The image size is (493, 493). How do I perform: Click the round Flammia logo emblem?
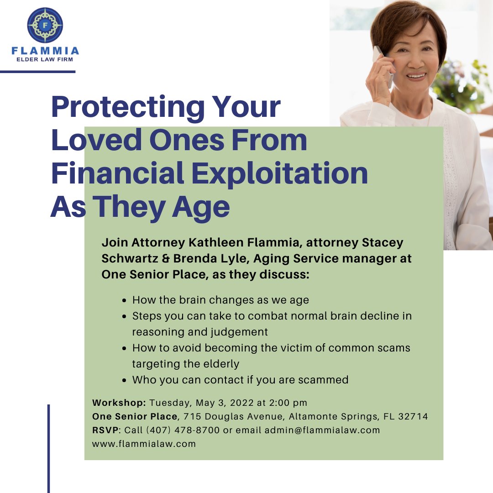click(x=45, y=25)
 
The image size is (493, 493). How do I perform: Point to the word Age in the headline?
click(x=206, y=207)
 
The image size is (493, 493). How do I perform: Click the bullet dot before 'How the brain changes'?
click(x=125, y=300)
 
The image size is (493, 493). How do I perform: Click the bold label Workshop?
click(x=119, y=403)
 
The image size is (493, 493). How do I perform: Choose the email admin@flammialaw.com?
click(x=322, y=430)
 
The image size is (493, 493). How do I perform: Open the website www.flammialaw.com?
click(x=144, y=444)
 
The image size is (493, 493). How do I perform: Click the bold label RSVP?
click(x=106, y=430)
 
